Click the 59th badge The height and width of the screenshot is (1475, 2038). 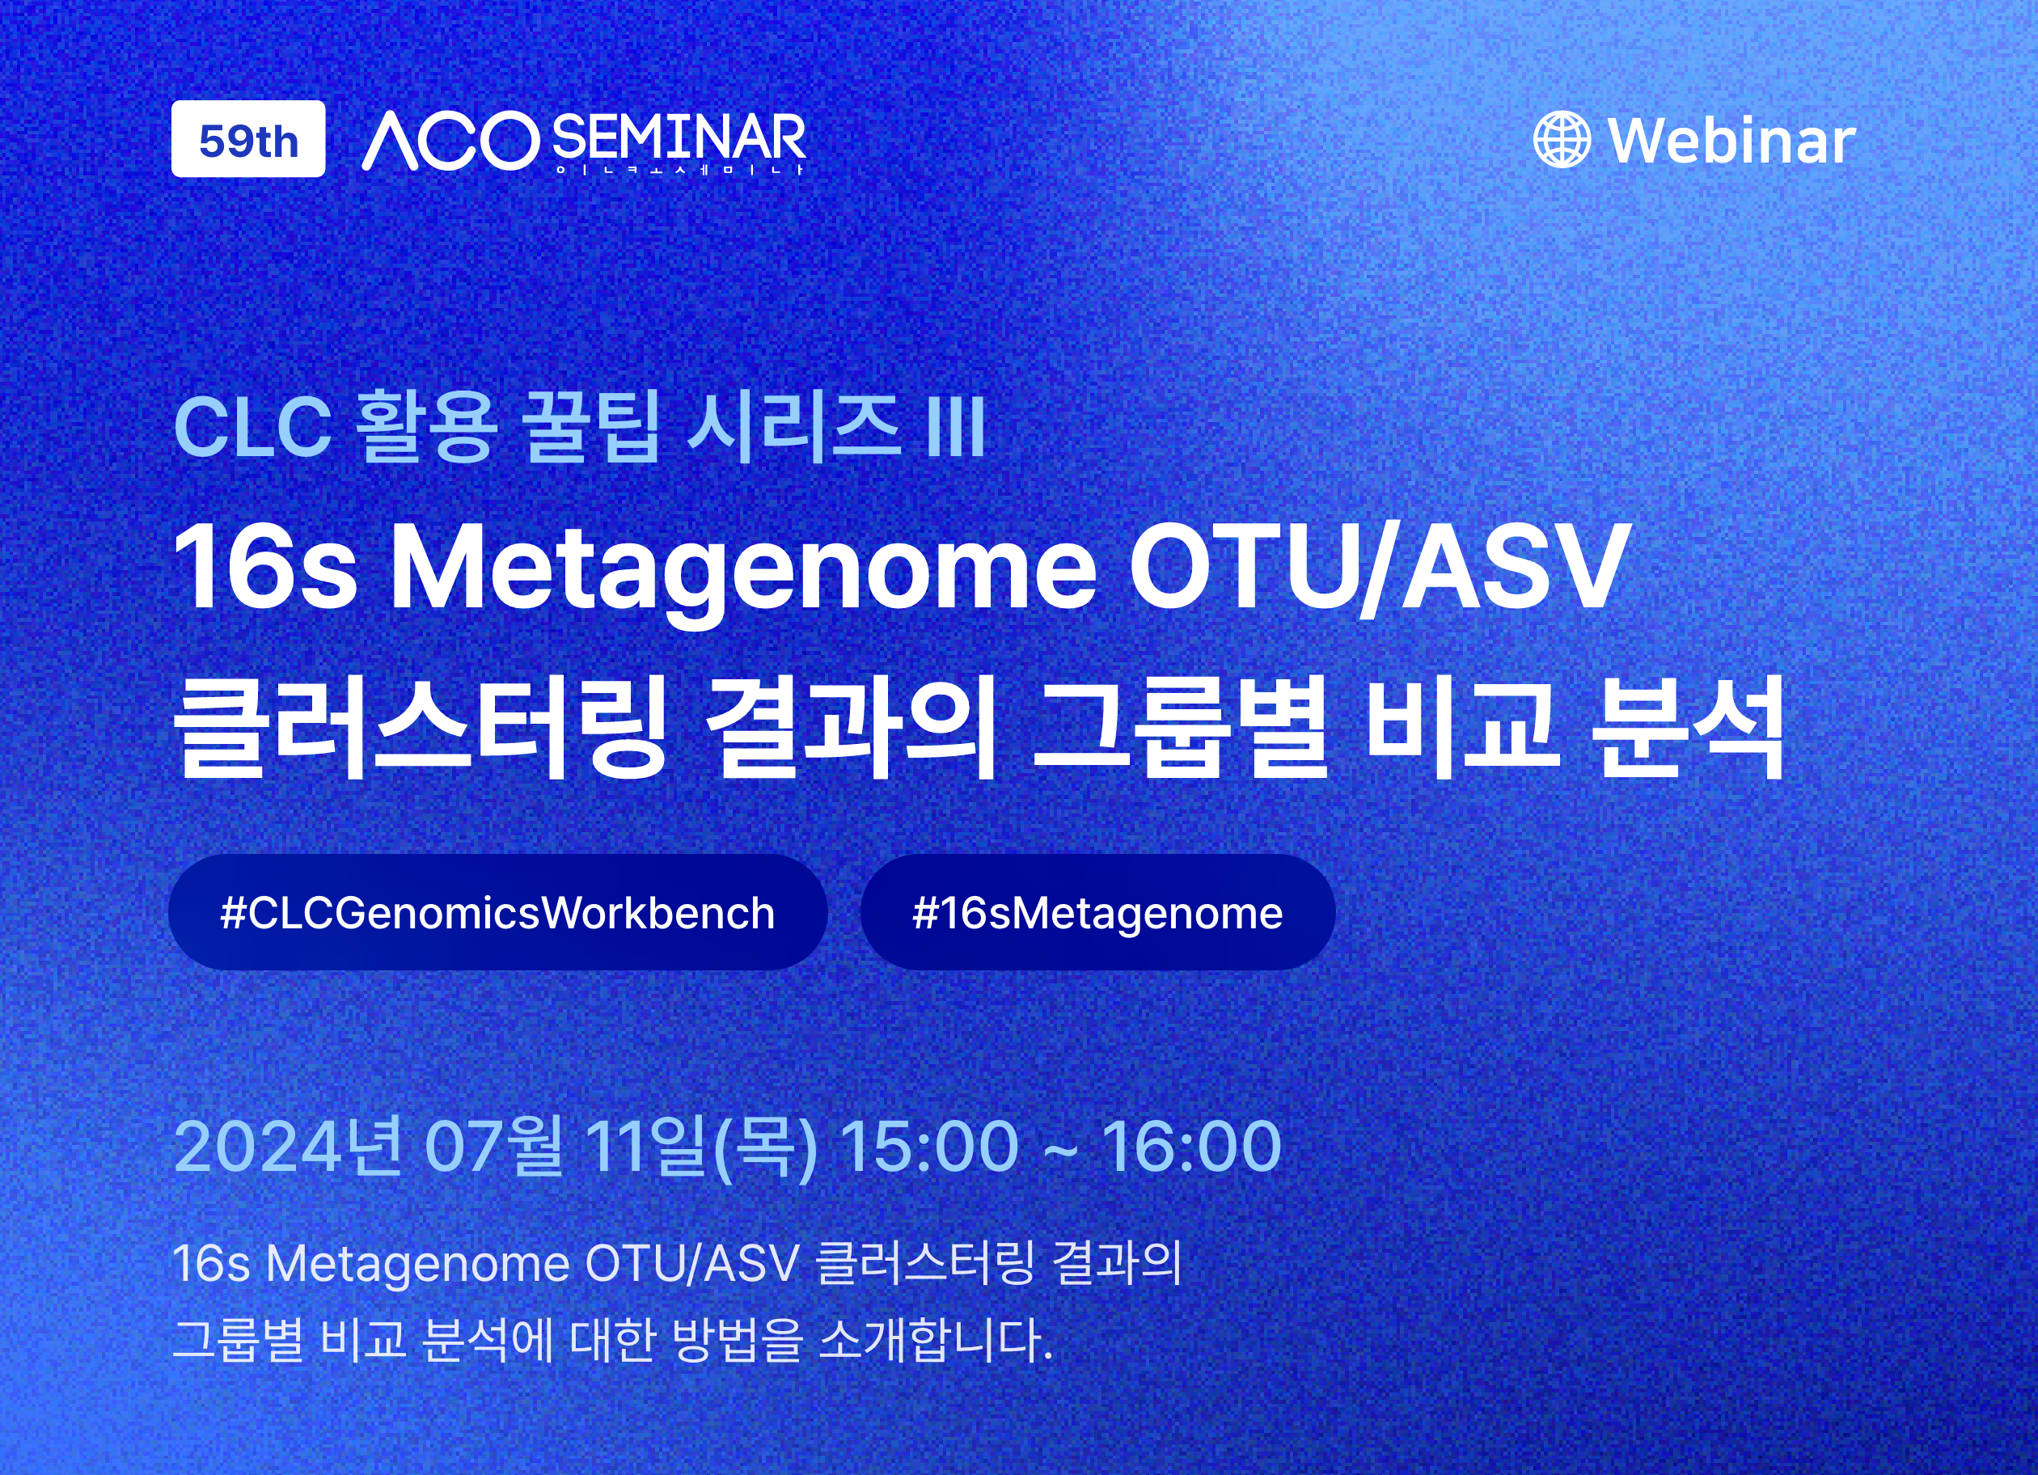[x=248, y=139]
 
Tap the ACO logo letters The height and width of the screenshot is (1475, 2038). [x=450, y=141]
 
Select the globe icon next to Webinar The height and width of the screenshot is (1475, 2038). [x=1562, y=139]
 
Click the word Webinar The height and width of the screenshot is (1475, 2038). [x=1731, y=141]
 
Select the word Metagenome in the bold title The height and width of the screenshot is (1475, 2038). [x=743, y=575]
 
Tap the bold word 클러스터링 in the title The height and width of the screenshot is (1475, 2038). [x=421, y=728]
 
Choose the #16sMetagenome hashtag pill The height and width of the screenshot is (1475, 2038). [x=1097, y=913]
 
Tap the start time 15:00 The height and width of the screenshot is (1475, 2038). [x=930, y=1147]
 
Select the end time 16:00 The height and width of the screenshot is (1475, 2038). [x=1192, y=1147]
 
